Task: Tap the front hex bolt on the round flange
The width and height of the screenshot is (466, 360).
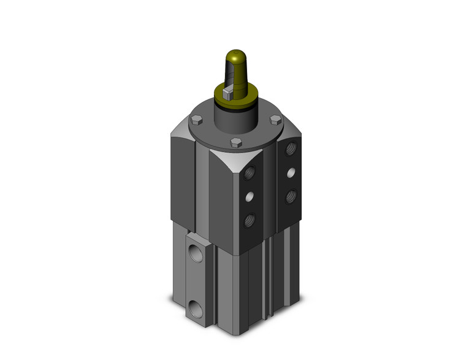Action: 235,144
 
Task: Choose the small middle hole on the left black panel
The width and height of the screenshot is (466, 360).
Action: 249,197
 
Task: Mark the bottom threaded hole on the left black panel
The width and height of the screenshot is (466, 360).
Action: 249,219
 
